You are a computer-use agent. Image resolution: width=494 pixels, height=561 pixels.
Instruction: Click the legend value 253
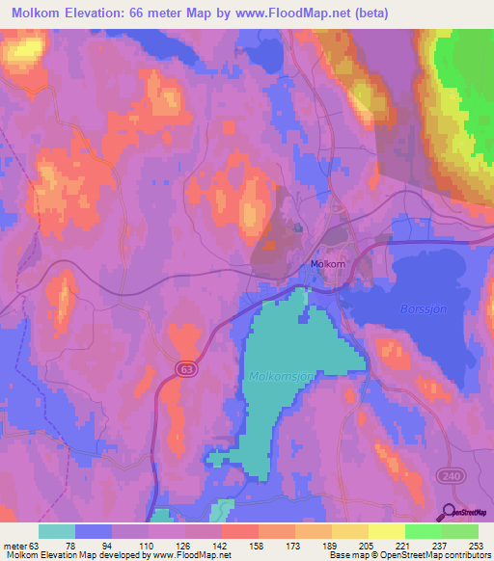[461, 545]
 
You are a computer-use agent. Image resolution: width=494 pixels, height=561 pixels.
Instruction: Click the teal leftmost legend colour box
[57, 531]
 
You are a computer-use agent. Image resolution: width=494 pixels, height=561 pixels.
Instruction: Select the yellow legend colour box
[387, 531]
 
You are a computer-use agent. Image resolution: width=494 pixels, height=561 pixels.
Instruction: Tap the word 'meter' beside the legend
[15, 545]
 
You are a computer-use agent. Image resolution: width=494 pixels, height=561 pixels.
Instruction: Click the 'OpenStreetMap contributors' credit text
[440, 555]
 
